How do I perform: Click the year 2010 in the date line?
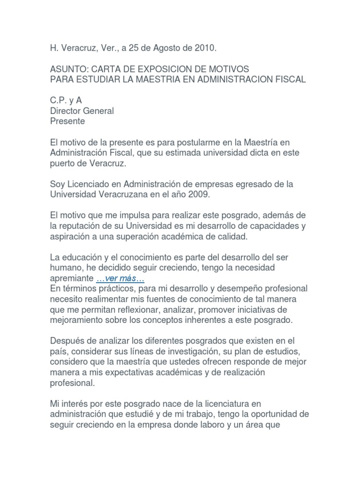[x=206, y=48]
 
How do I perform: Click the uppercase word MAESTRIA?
[x=149, y=79]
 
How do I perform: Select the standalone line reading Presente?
[x=67, y=121]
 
